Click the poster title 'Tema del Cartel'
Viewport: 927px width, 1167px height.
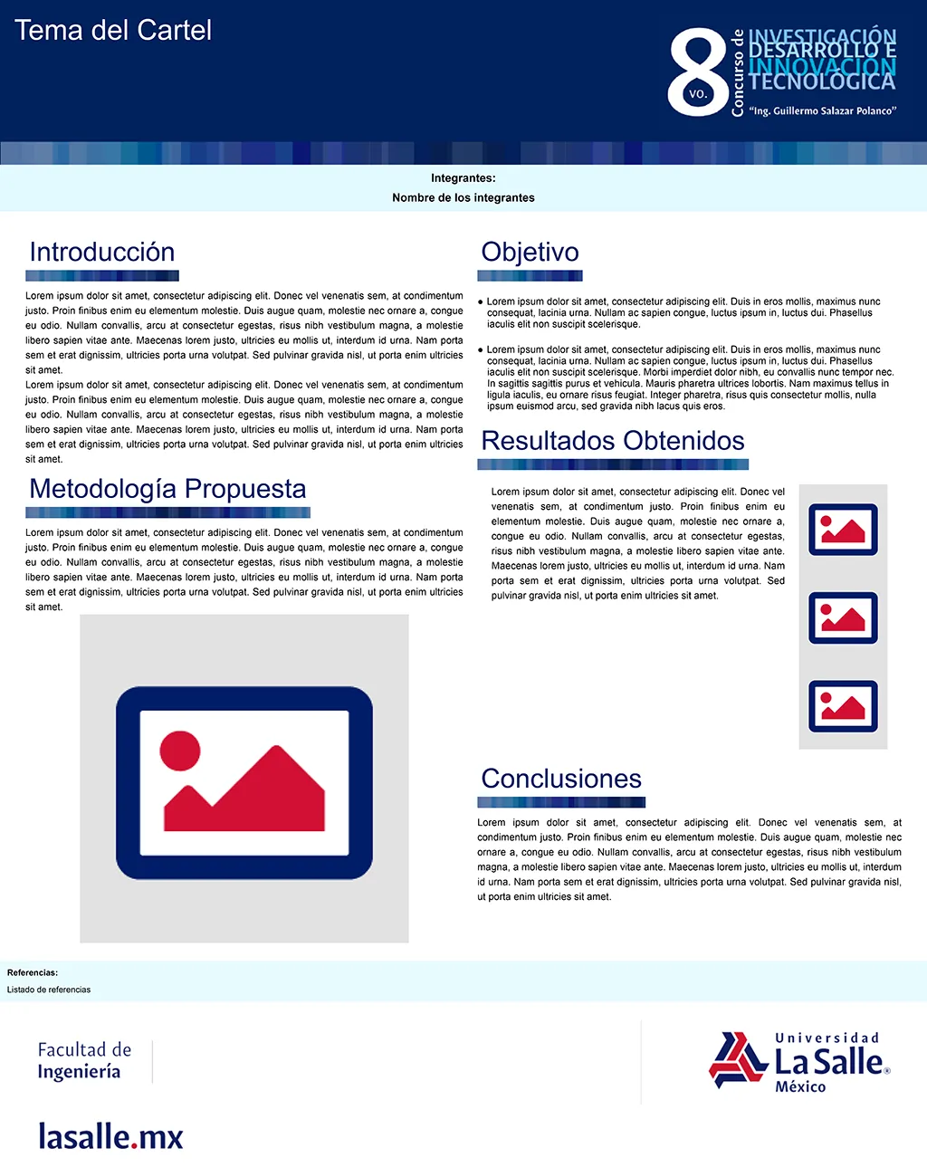113,31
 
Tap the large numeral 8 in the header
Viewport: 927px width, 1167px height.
697,72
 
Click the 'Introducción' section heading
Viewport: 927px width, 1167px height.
102,252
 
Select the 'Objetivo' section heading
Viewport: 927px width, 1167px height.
530,252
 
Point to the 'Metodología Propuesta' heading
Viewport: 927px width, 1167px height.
167,489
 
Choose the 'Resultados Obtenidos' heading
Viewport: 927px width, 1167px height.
613,441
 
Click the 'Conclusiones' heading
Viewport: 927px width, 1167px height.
561,779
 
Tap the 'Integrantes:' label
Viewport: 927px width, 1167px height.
463,178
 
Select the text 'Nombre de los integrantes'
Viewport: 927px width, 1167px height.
463,197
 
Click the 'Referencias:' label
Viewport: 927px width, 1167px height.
33,972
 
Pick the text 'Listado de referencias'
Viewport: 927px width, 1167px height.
49,990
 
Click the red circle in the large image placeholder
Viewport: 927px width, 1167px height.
180,751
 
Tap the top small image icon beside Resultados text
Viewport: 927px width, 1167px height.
843,530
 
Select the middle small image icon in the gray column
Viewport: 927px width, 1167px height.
843,617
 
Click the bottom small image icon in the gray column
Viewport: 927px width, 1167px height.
843,706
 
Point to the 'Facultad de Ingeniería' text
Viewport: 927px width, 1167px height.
84,1060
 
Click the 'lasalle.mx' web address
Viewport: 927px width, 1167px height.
110,1136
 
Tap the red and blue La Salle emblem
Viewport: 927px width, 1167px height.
739,1059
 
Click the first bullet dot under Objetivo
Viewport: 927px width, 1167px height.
481,302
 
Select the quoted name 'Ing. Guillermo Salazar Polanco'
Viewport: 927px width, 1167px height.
823,111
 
